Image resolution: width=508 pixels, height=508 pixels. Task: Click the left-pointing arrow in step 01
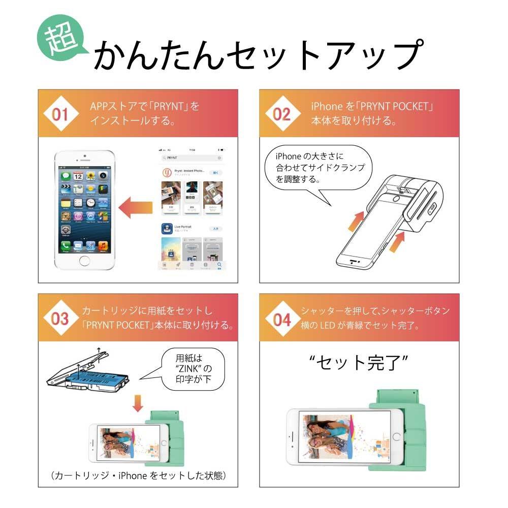pos(136,208)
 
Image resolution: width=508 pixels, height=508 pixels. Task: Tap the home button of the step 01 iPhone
pos(84,261)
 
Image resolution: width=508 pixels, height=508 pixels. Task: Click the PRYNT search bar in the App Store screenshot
pos(192,158)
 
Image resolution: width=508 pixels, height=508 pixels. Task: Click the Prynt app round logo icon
pos(166,173)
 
